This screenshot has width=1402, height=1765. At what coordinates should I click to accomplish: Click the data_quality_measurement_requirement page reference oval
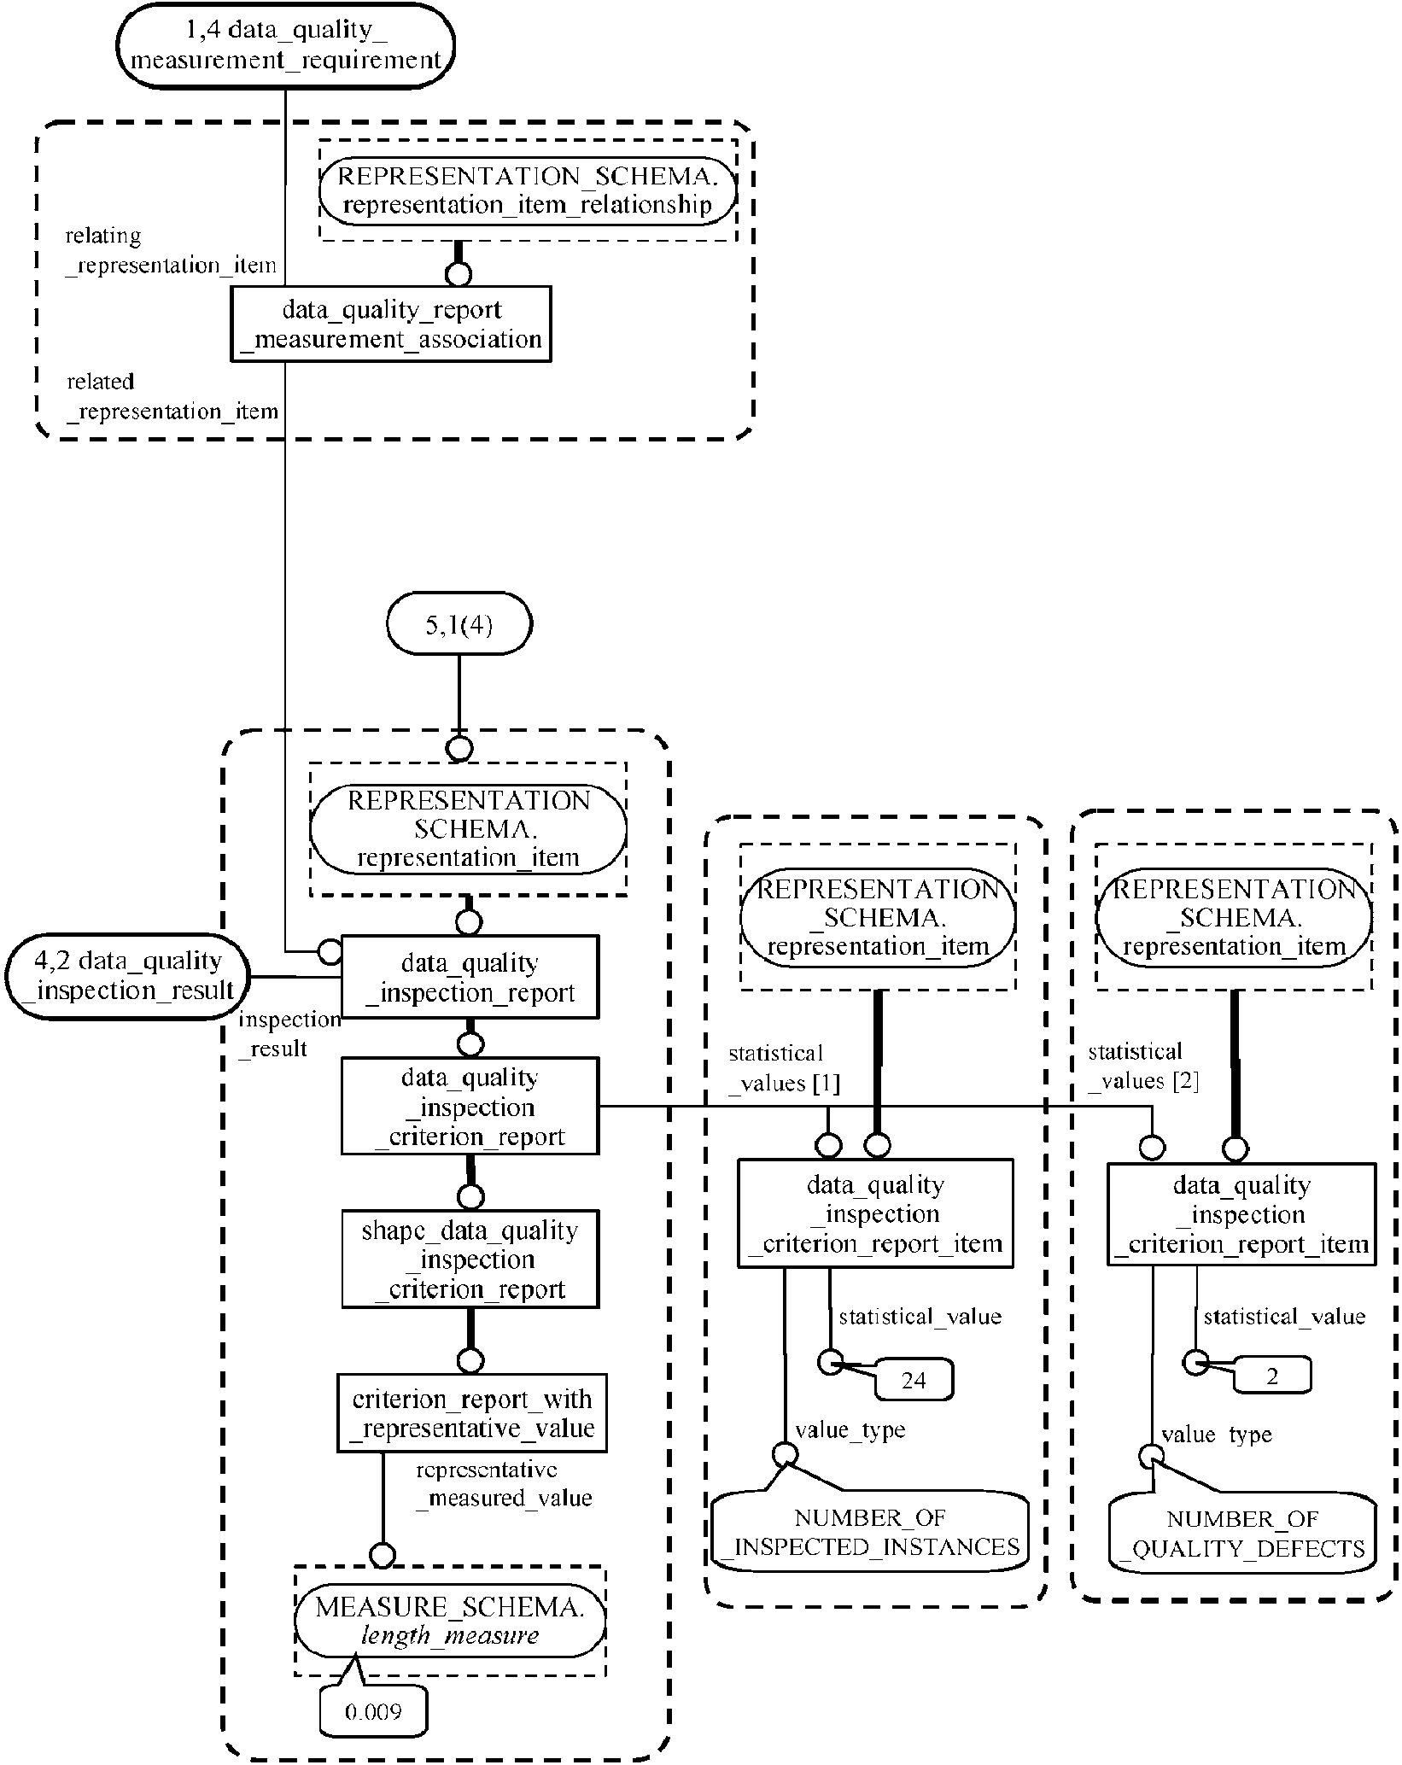coord(285,45)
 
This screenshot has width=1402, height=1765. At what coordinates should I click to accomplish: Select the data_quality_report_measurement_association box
coord(391,324)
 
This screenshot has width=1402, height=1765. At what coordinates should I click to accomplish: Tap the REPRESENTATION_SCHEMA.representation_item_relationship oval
coord(528,190)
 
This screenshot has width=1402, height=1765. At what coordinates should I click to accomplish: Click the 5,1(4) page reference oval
coord(459,624)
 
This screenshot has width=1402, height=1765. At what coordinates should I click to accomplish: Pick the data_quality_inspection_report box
coord(470,978)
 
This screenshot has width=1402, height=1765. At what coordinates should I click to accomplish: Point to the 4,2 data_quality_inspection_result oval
coord(126,976)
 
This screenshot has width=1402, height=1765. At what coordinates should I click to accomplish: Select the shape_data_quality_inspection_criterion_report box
coord(470,1259)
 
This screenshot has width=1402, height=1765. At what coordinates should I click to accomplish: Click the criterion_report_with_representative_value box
coord(472,1413)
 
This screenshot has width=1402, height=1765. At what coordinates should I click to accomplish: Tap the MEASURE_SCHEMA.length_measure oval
coord(450,1622)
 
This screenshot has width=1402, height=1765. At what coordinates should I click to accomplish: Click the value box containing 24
coord(914,1381)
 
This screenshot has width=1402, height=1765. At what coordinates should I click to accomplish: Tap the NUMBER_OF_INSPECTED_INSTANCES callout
coord(870,1533)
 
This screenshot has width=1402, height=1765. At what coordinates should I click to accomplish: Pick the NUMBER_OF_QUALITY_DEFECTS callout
coord(1242,1534)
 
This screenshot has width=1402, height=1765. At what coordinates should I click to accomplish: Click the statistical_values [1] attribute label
coord(782,1068)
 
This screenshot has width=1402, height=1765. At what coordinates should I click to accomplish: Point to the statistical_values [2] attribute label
coord(1142,1067)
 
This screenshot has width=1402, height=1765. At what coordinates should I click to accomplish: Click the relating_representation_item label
coord(171,250)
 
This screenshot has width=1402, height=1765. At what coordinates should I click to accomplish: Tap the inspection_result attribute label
coord(289,1034)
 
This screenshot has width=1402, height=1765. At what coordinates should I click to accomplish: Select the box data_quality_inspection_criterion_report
coord(470,1107)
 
